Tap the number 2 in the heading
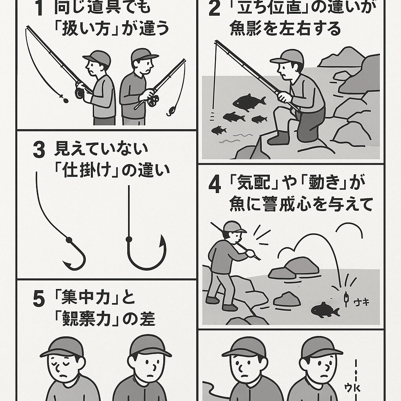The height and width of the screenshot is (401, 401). click(214, 9)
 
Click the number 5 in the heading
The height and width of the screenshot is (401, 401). click(38, 300)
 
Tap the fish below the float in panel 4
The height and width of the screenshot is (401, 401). click(325, 309)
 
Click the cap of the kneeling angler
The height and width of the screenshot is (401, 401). click(288, 57)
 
